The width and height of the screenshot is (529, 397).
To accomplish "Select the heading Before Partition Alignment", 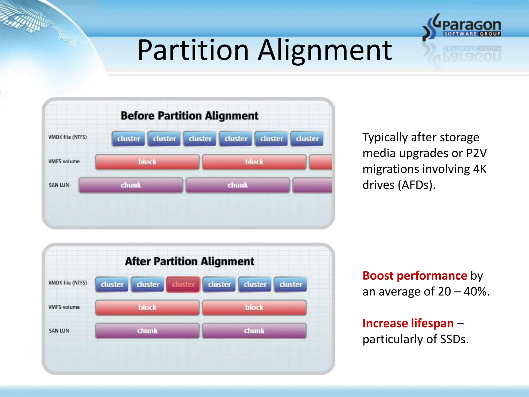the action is tap(189, 116).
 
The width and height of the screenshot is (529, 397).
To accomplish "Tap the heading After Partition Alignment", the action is tap(190, 261).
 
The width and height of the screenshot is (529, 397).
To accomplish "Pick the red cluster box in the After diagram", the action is tap(183, 284).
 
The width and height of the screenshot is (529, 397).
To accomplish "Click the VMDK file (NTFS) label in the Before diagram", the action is tap(67, 137).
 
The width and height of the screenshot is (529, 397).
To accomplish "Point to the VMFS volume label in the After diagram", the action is tap(64, 307).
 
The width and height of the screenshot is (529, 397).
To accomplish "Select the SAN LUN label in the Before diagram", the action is tap(59, 185).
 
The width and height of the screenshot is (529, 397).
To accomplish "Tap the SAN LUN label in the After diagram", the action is tap(59, 331).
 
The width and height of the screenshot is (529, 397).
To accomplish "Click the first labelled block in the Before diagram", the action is tap(147, 162).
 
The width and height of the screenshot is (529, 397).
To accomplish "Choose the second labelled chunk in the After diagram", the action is tap(254, 331).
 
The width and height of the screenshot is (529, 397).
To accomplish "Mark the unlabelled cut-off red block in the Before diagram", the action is tap(321, 162).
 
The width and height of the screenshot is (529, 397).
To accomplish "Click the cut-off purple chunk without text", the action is tap(313, 185).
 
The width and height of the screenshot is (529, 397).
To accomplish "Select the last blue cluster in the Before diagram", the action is tap(307, 139).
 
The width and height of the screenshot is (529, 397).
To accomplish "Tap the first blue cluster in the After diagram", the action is tap(112, 284).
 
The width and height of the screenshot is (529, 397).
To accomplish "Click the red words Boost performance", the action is tap(415, 276).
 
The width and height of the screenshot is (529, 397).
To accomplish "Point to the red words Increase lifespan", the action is tap(408, 323).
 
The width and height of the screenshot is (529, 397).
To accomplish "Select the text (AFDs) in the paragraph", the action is tap(416, 185).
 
